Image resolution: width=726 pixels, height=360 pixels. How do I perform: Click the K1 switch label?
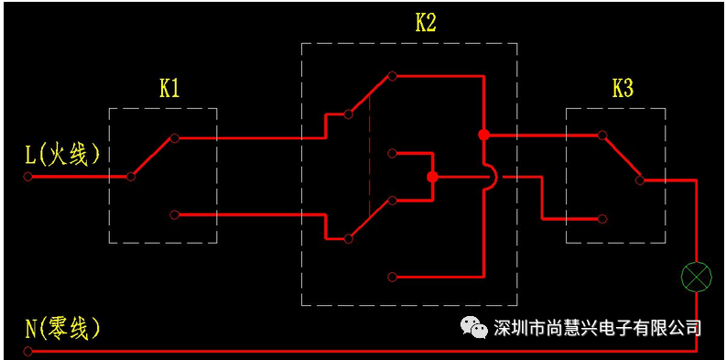click(x=169, y=90)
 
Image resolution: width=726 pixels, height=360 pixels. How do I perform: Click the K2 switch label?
click(x=425, y=24)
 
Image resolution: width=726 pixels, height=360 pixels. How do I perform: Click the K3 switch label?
click(x=623, y=90)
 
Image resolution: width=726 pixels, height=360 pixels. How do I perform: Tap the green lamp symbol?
click(x=696, y=277)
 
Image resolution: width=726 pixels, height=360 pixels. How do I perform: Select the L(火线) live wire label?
click(x=62, y=155)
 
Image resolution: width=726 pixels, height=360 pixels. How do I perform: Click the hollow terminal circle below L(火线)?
click(x=27, y=177)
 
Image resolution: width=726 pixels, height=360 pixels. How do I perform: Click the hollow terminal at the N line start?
click(x=27, y=351)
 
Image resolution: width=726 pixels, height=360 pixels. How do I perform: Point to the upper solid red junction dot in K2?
click(x=483, y=135)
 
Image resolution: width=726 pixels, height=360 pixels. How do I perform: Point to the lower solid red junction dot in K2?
click(x=432, y=177)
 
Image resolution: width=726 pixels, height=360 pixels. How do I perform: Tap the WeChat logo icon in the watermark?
click(x=473, y=327)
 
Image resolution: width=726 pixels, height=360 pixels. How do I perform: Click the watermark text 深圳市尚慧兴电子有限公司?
click(x=597, y=328)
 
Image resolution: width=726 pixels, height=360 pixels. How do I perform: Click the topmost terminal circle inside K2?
click(x=392, y=76)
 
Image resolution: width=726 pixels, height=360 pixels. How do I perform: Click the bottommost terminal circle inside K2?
click(x=392, y=277)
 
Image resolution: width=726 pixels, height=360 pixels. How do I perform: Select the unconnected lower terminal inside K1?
click(x=174, y=214)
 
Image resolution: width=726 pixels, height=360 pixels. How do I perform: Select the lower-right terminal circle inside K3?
click(x=601, y=219)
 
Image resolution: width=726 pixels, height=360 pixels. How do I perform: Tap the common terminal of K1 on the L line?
click(x=131, y=177)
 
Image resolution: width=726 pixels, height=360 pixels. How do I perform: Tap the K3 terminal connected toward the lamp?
click(x=639, y=180)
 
